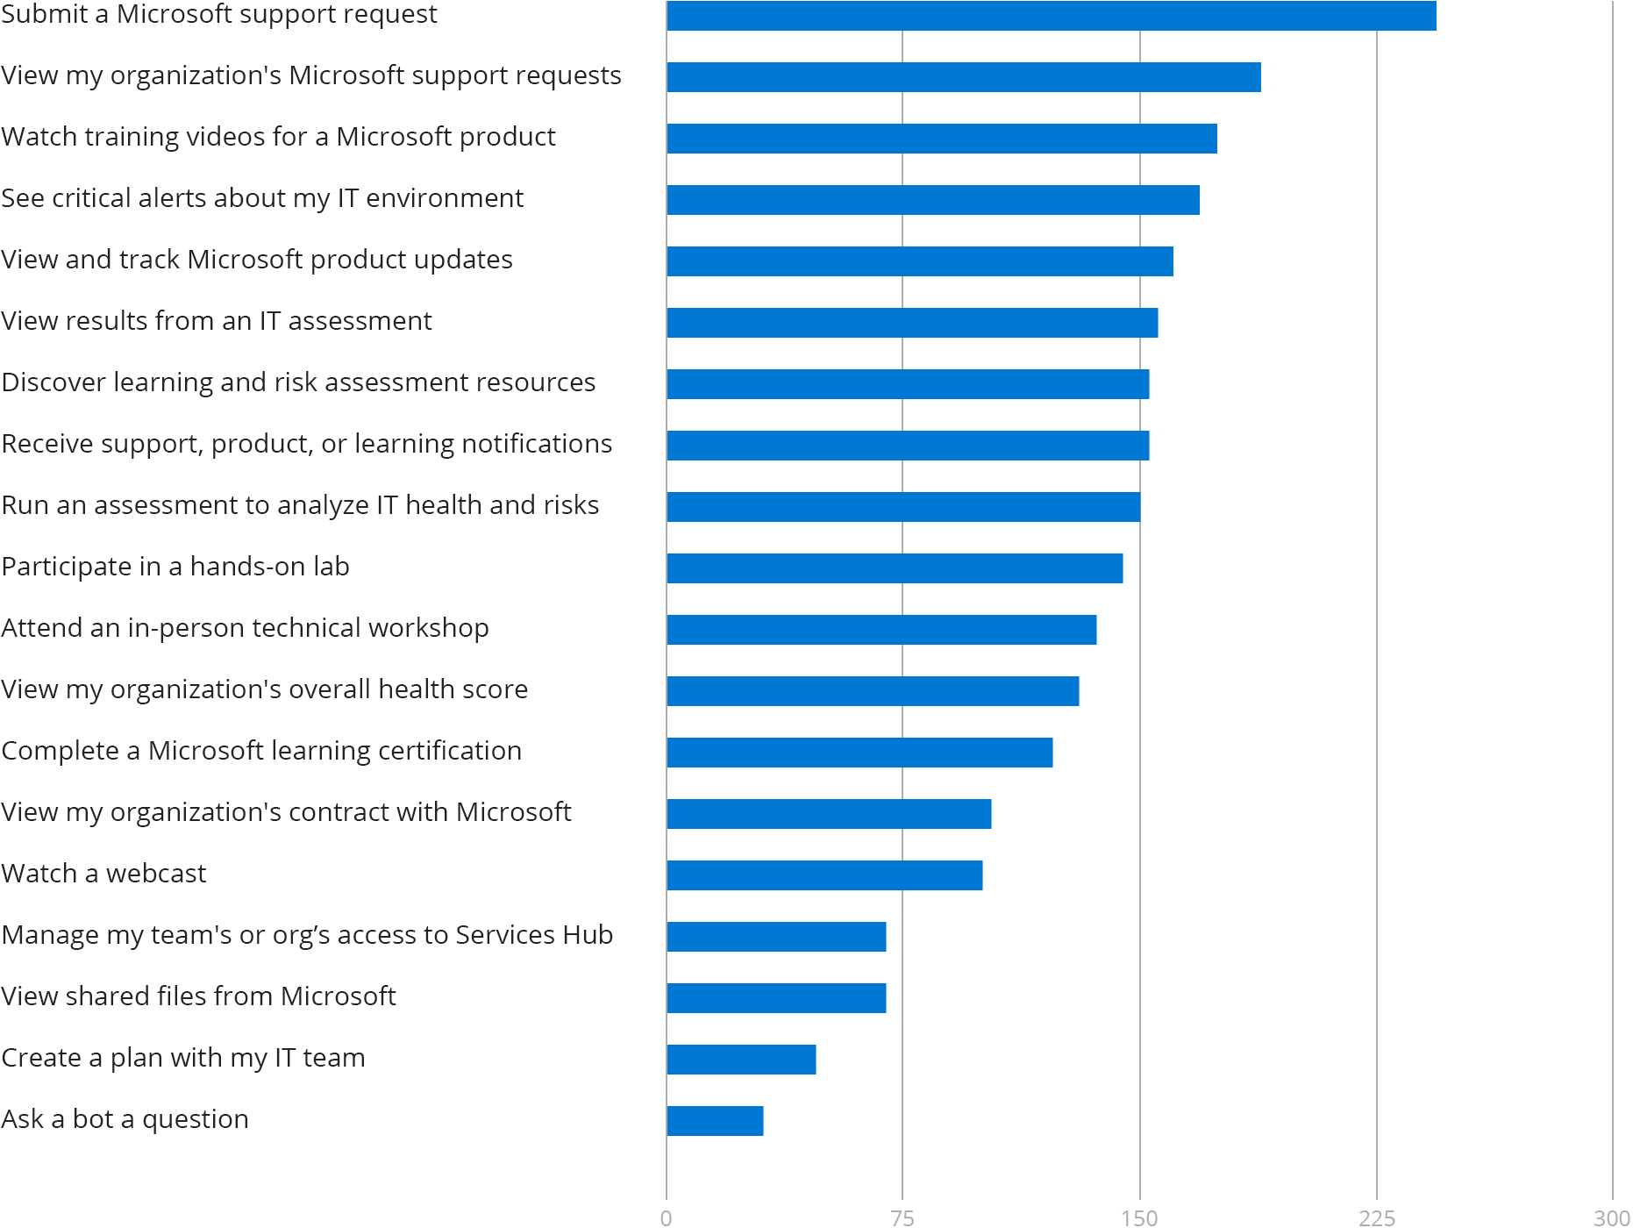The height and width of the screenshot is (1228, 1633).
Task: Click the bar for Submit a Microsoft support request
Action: (1051, 16)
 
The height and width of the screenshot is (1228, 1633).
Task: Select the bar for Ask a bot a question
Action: (715, 1121)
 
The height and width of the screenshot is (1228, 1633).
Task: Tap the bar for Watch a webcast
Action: (824, 875)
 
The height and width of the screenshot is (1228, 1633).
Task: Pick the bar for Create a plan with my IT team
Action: (741, 1060)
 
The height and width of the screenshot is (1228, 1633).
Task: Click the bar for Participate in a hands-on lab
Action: (895, 568)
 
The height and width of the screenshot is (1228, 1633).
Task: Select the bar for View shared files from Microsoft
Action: (776, 998)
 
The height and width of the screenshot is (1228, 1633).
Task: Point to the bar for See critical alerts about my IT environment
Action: (933, 200)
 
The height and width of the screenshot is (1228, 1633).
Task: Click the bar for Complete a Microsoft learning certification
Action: (859, 753)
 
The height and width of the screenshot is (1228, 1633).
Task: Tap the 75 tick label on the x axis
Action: (902, 1217)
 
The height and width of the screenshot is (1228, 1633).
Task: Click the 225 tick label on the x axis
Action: (1376, 1217)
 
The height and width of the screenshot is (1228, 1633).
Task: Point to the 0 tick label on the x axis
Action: (667, 1217)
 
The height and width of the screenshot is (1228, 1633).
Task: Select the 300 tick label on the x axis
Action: (1611, 1217)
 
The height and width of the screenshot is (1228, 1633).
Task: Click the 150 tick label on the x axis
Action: (1139, 1217)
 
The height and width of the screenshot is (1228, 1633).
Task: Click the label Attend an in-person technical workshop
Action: (245, 628)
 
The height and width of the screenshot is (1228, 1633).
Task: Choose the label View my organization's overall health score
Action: (264, 689)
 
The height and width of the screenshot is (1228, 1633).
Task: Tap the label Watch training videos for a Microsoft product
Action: (278, 137)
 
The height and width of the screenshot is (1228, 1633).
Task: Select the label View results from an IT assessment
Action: (216, 321)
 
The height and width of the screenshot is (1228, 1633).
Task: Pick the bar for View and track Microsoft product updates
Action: (920, 261)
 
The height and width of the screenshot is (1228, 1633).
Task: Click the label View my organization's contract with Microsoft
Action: (286, 812)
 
